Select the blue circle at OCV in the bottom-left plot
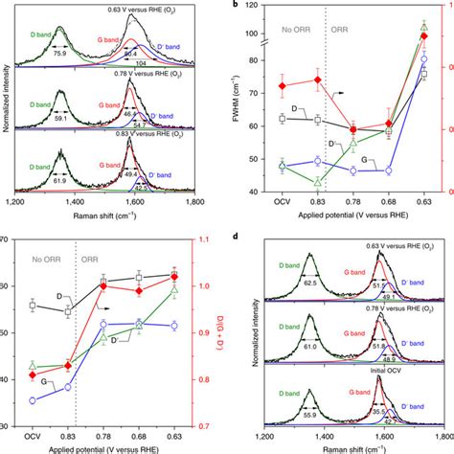(33, 400)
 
